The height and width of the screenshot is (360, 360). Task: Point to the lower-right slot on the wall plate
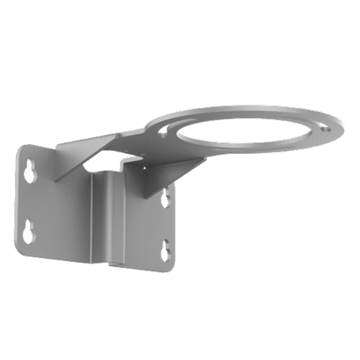pyautogui.click(x=165, y=248)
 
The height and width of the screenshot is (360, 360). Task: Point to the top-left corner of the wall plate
pyautogui.click(x=19, y=144)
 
